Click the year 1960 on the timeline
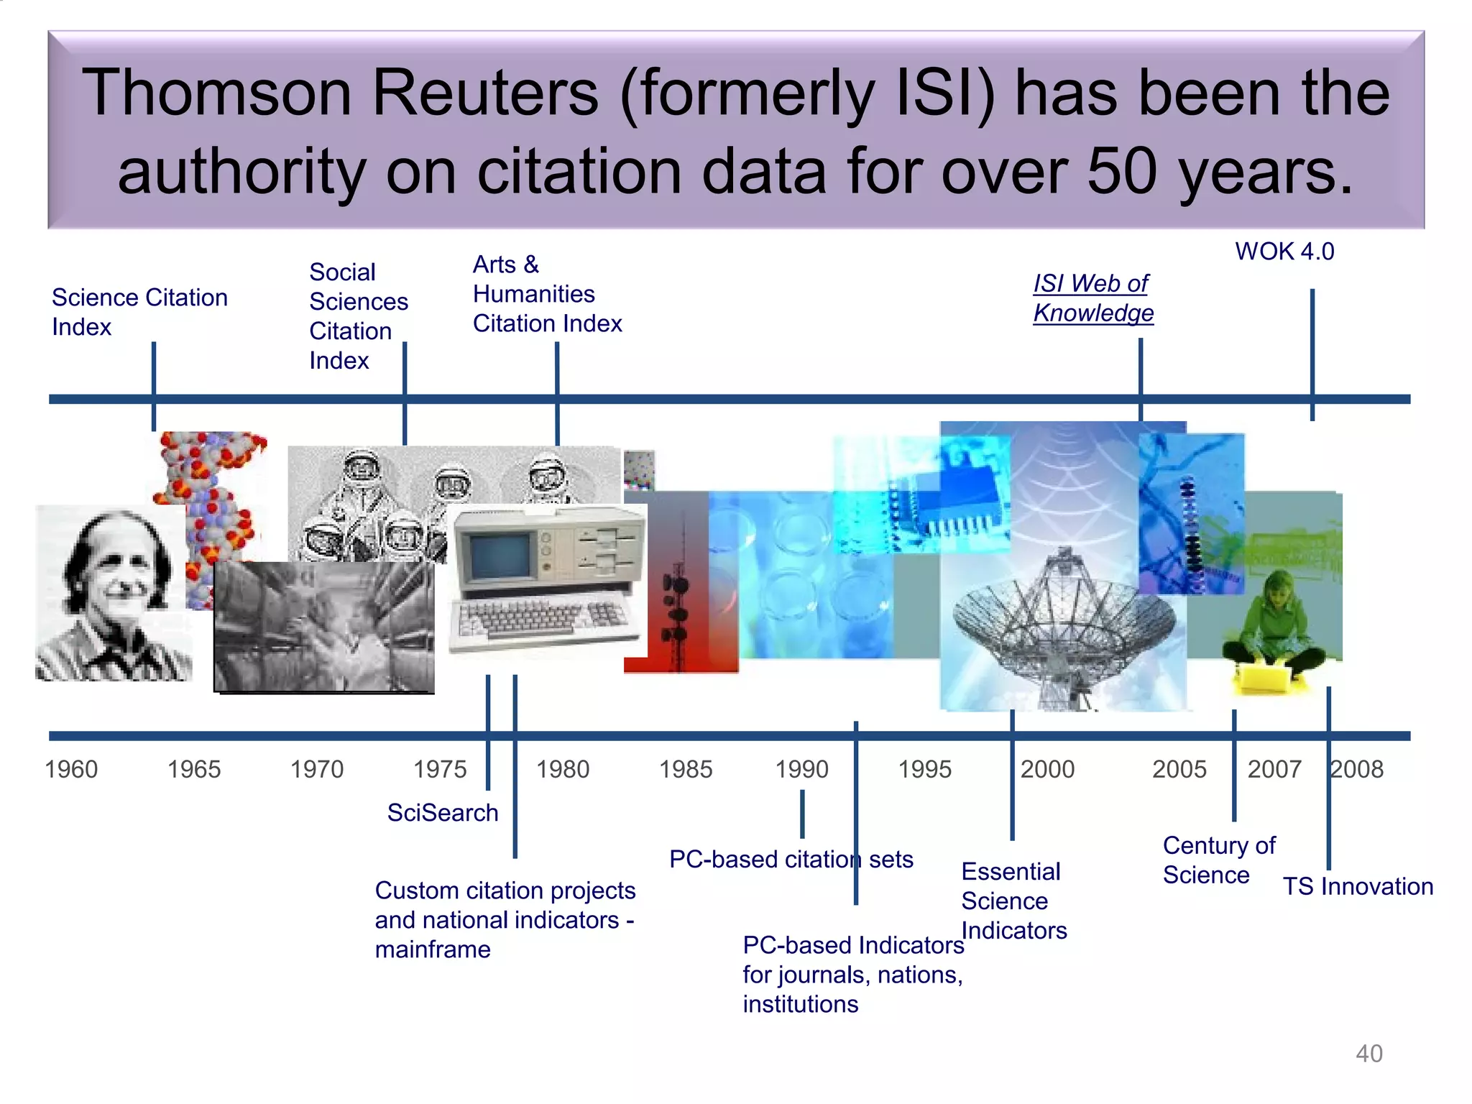(x=71, y=769)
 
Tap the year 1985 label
(x=686, y=769)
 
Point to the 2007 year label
(x=1274, y=769)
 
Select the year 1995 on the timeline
(x=924, y=769)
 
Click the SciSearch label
(x=442, y=812)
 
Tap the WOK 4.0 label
(x=1284, y=252)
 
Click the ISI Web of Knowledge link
(x=1092, y=298)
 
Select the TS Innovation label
(x=1358, y=886)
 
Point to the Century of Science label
(x=1218, y=860)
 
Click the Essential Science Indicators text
(x=1013, y=901)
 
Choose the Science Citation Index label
(x=139, y=312)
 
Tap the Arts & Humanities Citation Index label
(x=546, y=294)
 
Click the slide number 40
(x=1368, y=1054)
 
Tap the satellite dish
(x=1064, y=618)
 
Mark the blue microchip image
(x=956, y=496)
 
